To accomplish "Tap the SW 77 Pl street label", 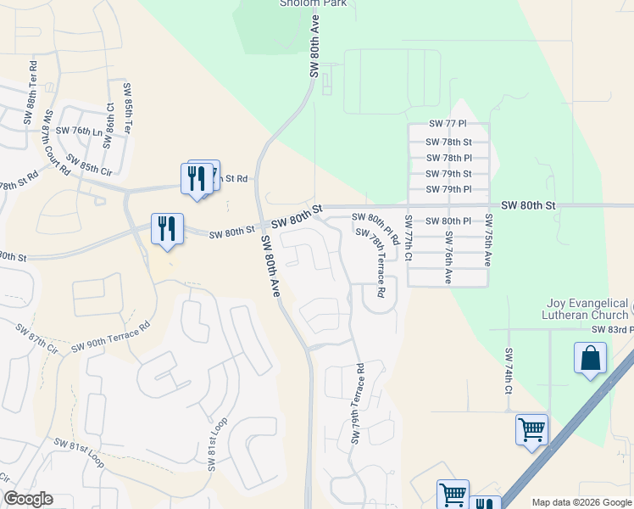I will tap(448, 124).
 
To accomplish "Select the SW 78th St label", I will tap(448, 143).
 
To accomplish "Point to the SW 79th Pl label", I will tap(448, 189).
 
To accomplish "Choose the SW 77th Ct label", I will tap(408, 242).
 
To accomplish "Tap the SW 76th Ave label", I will tap(448, 256).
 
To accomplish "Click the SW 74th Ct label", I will tap(509, 371).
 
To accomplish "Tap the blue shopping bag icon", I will tap(590, 357).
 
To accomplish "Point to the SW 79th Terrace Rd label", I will tap(356, 404).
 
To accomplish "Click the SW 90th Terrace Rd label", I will tap(110, 336).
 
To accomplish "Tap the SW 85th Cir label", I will tap(88, 161).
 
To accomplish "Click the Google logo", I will tap(27, 499).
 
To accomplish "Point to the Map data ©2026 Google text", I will tap(581, 502).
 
